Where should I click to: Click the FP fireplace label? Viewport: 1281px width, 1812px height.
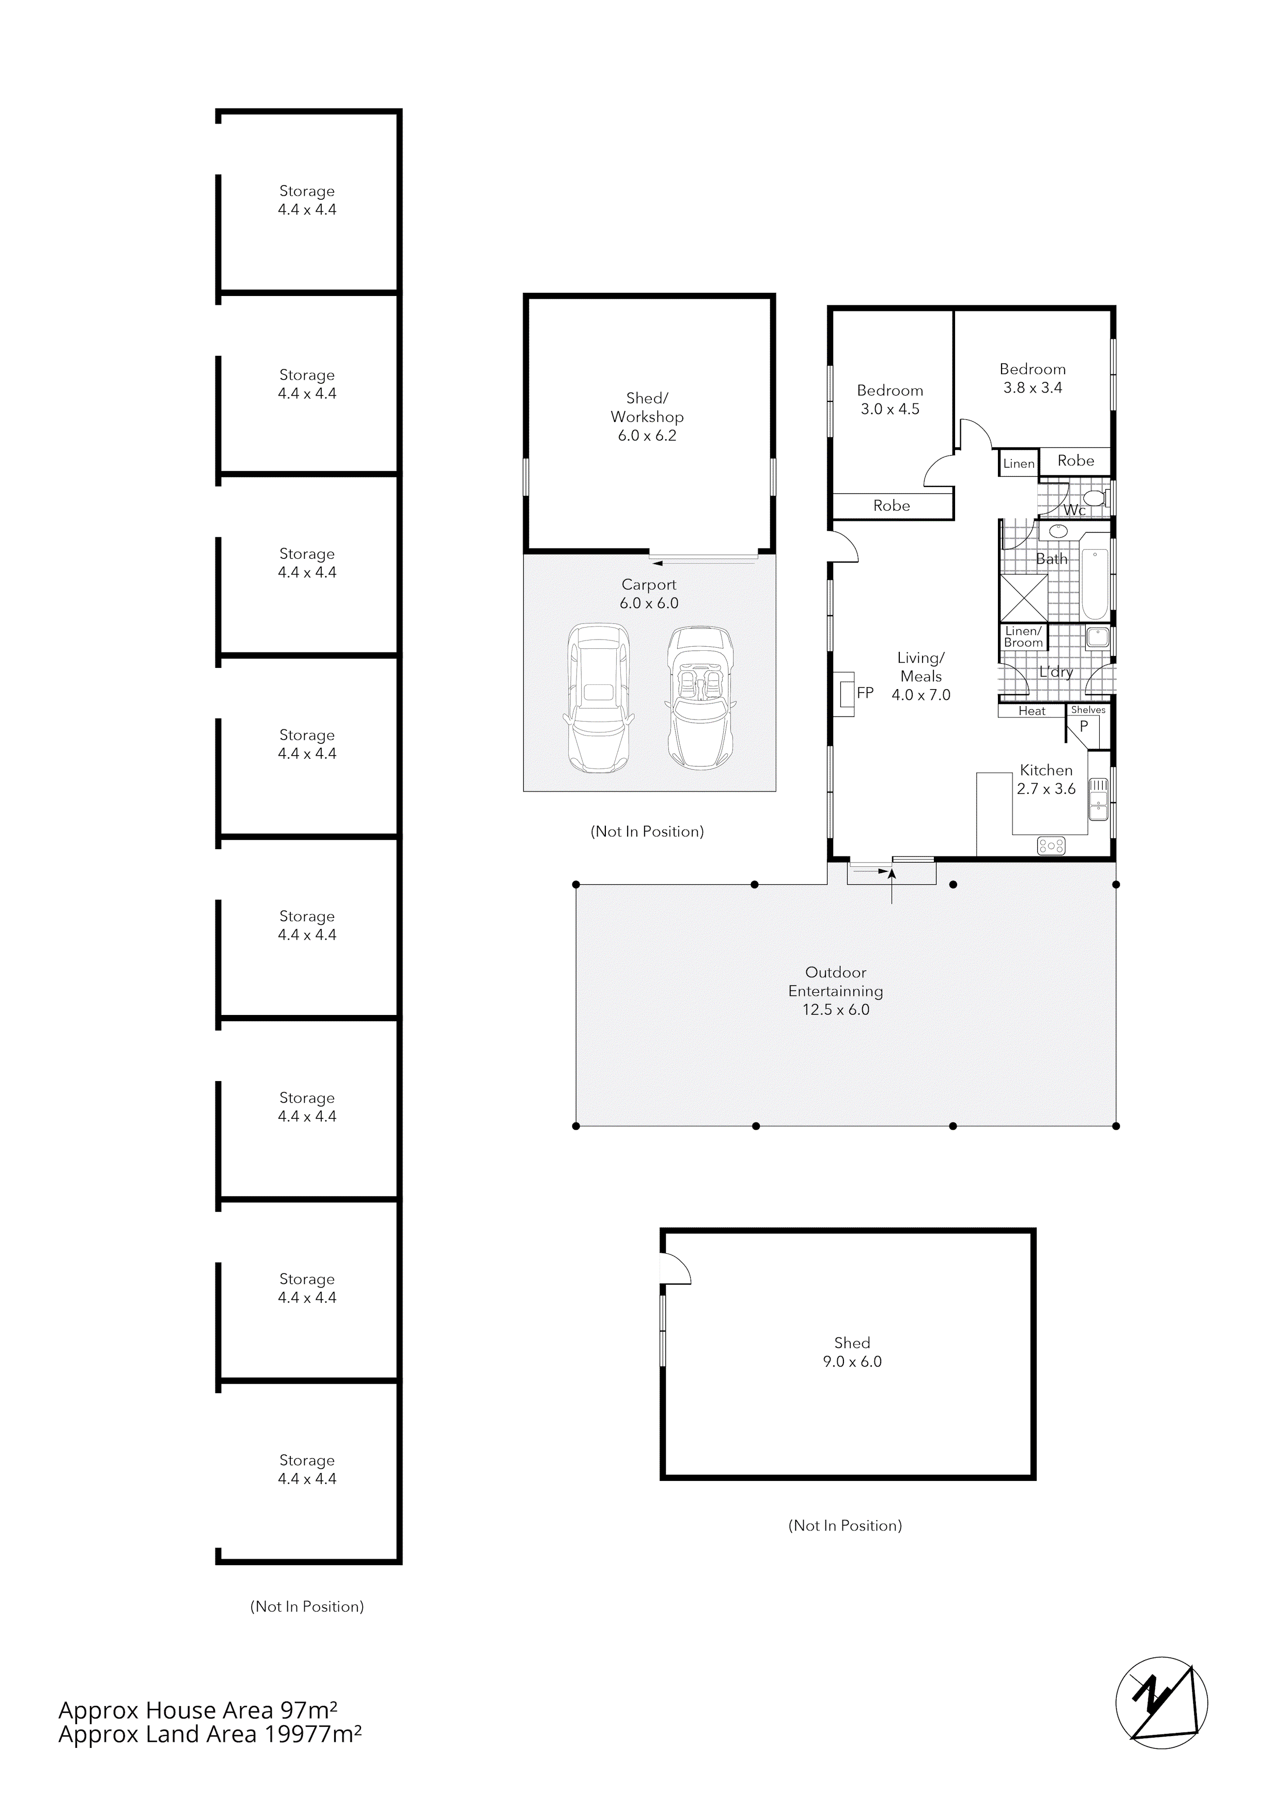(x=865, y=693)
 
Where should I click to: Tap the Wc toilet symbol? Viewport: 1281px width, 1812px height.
(x=1094, y=498)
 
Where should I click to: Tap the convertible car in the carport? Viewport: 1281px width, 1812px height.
(x=699, y=698)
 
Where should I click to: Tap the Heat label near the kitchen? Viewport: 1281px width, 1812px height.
(x=1032, y=711)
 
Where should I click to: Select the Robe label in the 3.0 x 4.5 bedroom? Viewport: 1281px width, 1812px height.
(x=891, y=506)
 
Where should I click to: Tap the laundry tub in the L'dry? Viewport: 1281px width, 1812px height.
(x=1098, y=638)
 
